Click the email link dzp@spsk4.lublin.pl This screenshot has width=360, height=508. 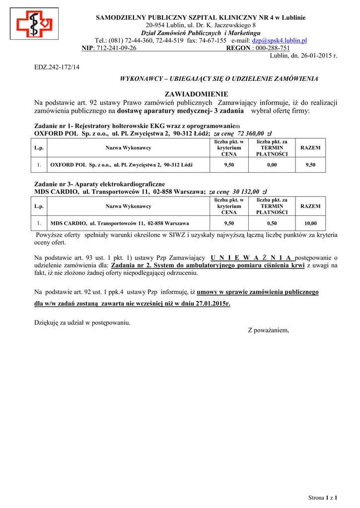[x=279, y=40]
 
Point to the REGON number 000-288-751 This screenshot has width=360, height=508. [x=272, y=48]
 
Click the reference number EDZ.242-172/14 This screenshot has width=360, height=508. [x=57, y=66]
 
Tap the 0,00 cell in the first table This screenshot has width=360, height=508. [x=272, y=164]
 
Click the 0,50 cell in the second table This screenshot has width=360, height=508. [x=272, y=223]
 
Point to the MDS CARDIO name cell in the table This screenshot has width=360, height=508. [x=120, y=223]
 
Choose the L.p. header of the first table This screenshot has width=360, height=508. [x=39, y=148]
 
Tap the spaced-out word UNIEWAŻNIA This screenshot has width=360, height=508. [x=252, y=257]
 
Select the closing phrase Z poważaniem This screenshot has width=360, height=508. [x=268, y=330]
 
